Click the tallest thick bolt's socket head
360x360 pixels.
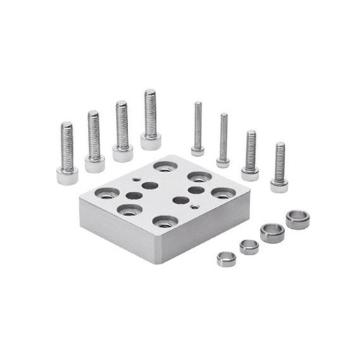pos(150,141)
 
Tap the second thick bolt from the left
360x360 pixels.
pos(94,141)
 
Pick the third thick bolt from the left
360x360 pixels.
pos(122,130)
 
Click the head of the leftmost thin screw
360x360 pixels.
pos(197,151)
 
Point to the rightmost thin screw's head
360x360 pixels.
pos(279,185)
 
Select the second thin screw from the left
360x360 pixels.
pos(223,140)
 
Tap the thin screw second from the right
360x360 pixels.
pos(251,155)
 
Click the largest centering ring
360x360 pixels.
pos(297,218)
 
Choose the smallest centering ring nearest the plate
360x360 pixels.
pos(226,258)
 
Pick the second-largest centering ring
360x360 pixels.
pos(272,233)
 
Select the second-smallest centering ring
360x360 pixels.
pos(249,246)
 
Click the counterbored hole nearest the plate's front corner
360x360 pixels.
pos(164,221)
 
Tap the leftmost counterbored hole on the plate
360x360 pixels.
pos(107,193)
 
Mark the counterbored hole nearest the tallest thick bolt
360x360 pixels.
pos(163,167)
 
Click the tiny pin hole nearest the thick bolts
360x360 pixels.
pos(135,179)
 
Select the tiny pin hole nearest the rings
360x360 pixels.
pos(195,206)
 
